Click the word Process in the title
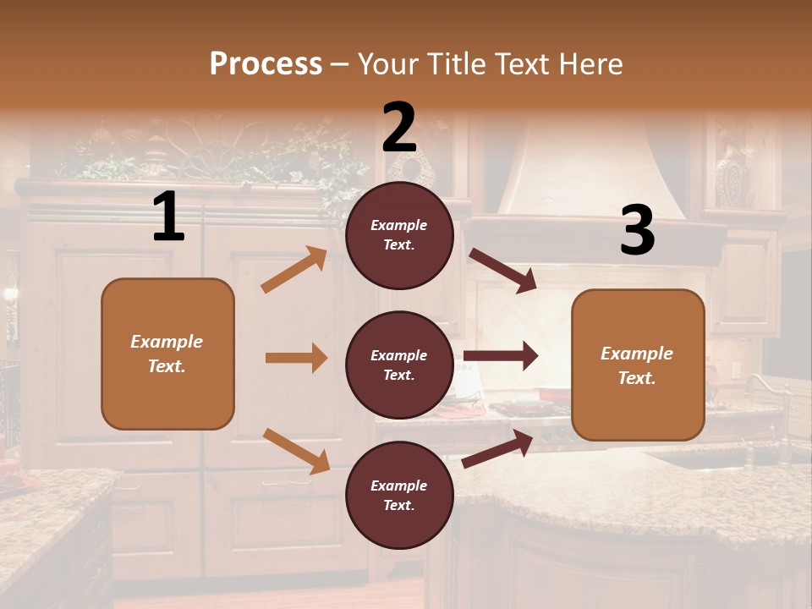click(x=266, y=64)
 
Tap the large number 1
click(x=168, y=217)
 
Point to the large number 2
click(x=399, y=127)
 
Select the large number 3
click(x=637, y=231)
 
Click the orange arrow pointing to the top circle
click(x=294, y=270)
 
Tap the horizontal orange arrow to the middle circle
click(x=296, y=358)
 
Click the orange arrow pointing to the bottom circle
click(x=296, y=451)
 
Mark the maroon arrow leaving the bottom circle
click(x=497, y=449)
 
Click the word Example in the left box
click(x=167, y=342)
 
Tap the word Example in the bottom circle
click(x=398, y=486)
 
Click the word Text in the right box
click(x=636, y=378)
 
